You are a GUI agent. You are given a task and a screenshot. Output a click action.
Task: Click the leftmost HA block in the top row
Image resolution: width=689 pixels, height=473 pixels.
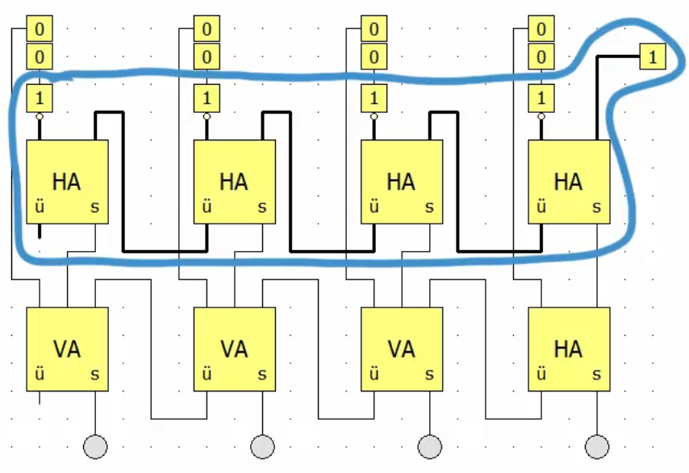[x=68, y=182]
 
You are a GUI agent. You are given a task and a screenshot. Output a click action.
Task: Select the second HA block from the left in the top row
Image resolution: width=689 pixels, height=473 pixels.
[x=235, y=182]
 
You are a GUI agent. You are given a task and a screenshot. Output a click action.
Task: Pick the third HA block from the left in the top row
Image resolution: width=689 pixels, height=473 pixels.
[x=401, y=182]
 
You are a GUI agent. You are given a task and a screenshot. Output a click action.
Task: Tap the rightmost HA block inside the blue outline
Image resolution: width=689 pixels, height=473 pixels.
[x=568, y=182]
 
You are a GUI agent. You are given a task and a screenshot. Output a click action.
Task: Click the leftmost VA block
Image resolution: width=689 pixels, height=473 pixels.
[x=68, y=349]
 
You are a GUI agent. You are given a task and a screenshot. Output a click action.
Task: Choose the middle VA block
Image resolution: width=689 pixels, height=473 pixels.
[x=235, y=349]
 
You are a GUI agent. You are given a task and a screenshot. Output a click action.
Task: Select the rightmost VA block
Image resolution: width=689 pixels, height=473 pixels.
[x=401, y=349]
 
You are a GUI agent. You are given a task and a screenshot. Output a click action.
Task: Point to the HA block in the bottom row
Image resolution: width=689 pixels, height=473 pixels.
[x=568, y=349]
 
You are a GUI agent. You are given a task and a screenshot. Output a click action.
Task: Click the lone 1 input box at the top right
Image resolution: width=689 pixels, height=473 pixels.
[x=652, y=57]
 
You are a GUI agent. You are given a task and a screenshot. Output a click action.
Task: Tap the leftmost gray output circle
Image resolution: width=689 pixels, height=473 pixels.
[x=96, y=445]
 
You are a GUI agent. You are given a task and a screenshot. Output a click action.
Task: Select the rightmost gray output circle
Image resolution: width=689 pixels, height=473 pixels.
[x=597, y=445]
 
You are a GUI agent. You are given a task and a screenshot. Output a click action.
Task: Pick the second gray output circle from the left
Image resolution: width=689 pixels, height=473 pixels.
[x=263, y=445]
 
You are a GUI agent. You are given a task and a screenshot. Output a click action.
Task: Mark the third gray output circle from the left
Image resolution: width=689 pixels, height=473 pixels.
[x=430, y=445]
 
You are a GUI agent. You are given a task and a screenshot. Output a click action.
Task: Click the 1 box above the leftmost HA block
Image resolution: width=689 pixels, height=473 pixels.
[x=40, y=99]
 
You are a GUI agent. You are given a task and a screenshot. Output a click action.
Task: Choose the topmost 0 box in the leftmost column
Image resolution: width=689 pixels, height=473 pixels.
[x=40, y=30]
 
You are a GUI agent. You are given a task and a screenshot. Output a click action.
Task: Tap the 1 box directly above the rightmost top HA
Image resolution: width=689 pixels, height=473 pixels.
[x=541, y=99]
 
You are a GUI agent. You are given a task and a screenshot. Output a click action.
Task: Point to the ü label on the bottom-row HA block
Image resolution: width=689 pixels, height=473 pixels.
[x=541, y=375]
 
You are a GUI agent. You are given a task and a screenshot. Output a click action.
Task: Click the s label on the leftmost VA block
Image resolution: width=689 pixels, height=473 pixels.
[x=95, y=375]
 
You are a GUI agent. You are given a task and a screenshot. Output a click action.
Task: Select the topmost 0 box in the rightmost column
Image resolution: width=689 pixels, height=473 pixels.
[x=541, y=30]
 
